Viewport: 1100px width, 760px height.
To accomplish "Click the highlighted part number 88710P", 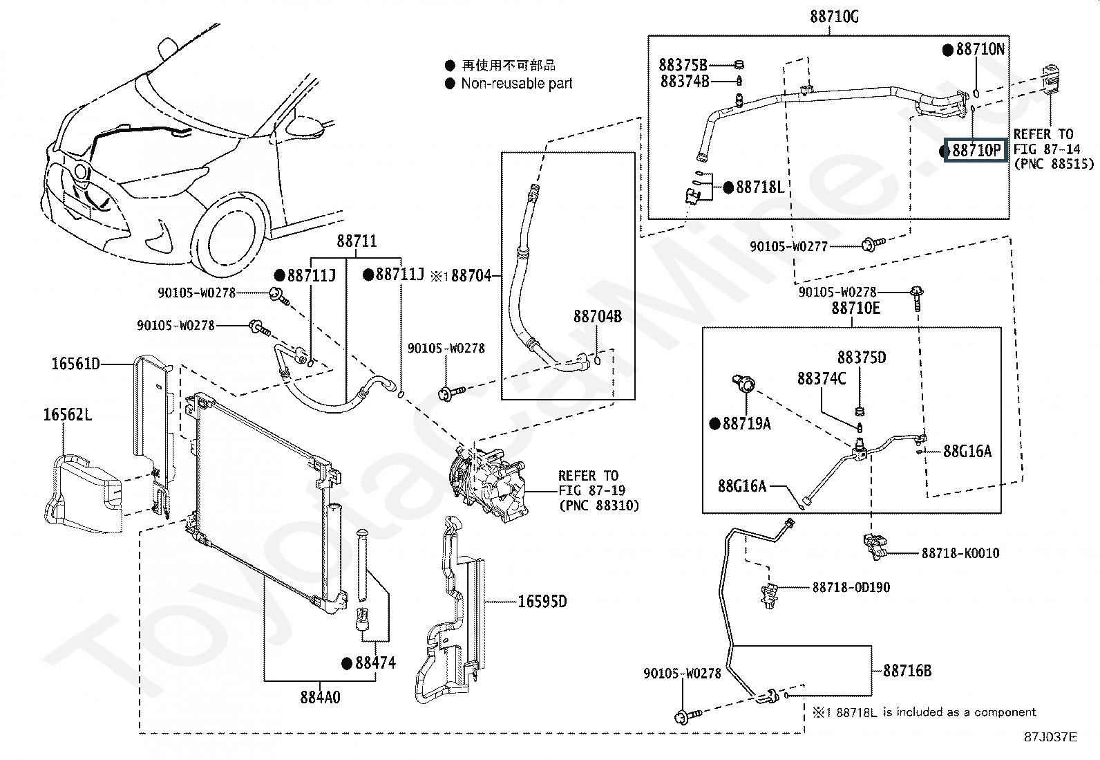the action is point(976,150).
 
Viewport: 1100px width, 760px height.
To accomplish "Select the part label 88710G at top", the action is point(834,17).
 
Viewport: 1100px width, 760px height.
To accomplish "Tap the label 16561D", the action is point(75,364).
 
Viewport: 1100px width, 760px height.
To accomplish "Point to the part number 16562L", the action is point(67,414).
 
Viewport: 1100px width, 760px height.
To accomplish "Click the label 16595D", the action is point(542,601).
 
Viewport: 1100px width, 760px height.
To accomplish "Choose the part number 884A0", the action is point(320,697).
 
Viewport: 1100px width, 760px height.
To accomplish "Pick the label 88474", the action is point(376,662).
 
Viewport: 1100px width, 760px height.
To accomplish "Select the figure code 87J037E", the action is point(1050,737).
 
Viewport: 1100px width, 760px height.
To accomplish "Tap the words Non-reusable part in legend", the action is point(517,84).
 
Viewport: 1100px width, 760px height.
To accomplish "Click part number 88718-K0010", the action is point(960,553).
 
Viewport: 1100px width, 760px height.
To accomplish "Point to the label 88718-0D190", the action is point(851,587).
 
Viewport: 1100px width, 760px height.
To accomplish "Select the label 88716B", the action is point(907,671).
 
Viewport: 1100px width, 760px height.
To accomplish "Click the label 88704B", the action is point(598,317).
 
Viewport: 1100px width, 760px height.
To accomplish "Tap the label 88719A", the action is point(747,423).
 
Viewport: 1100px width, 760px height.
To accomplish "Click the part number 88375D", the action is point(862,358).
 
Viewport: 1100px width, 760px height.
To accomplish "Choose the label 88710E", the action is point(855,308).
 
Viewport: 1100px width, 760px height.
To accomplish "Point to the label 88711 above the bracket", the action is point(357,241).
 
